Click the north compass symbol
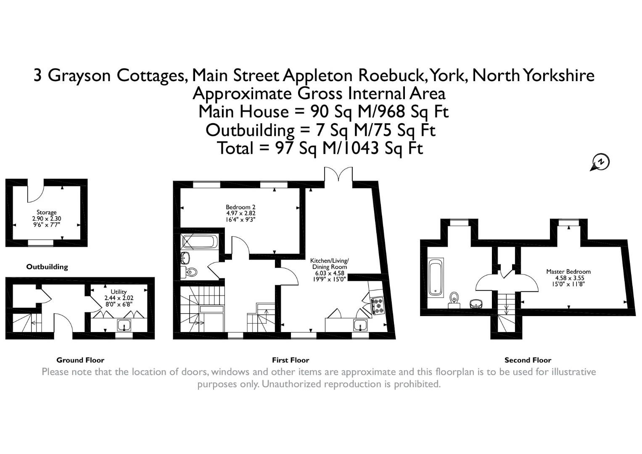point(601,162)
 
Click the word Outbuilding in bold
point(47,267)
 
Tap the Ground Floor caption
point(80,360)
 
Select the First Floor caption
point(291,360)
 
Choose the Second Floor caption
point(528,360)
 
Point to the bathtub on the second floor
point(435,278)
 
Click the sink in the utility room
point(124,325)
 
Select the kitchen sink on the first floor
point(360,325)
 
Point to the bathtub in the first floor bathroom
point(200,242)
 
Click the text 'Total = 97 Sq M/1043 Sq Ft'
point(320,148)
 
